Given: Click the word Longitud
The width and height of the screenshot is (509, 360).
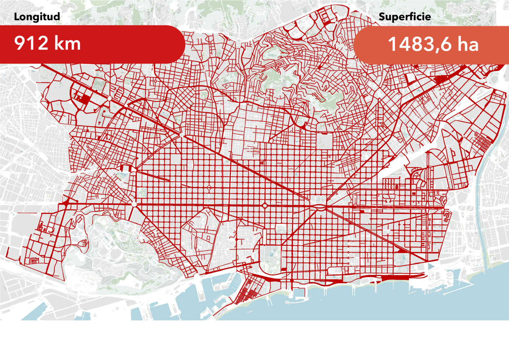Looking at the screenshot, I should [37, 17].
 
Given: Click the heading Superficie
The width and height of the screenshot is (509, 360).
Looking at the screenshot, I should [404, 17].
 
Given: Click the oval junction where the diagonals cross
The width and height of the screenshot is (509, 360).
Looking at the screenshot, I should [319, 206].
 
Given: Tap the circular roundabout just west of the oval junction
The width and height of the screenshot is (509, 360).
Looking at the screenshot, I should [264, 205].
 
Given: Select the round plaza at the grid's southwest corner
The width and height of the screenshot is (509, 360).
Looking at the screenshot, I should [134, 204].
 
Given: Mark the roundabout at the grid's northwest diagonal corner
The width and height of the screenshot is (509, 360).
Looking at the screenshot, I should [182, 135].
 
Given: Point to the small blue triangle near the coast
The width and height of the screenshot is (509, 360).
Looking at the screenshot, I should [430, 266].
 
